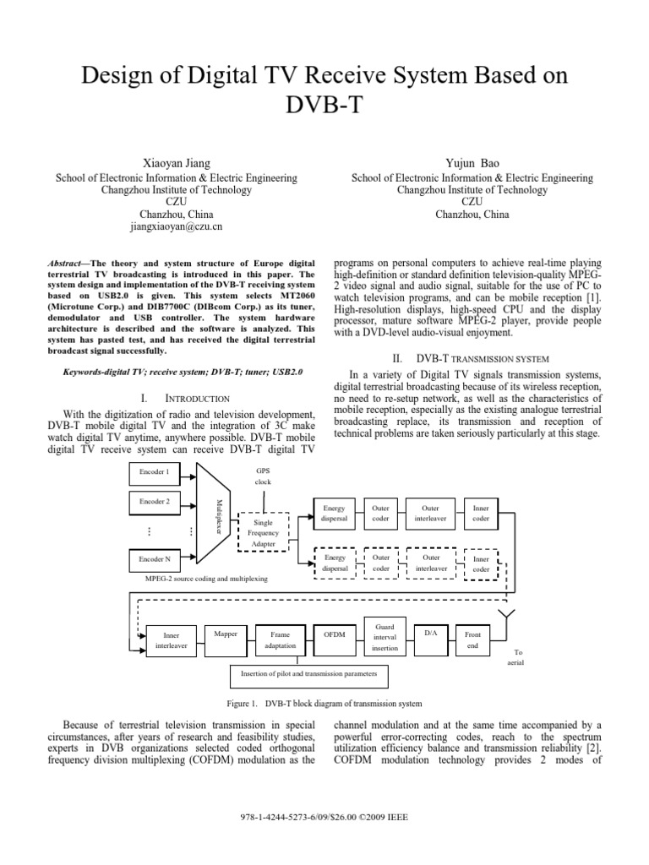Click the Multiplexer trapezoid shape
(x=215, y=515)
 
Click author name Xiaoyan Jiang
(x=176, y=161)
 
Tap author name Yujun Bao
(x=472, y=161)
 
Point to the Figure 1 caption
(x=325, y=704)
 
